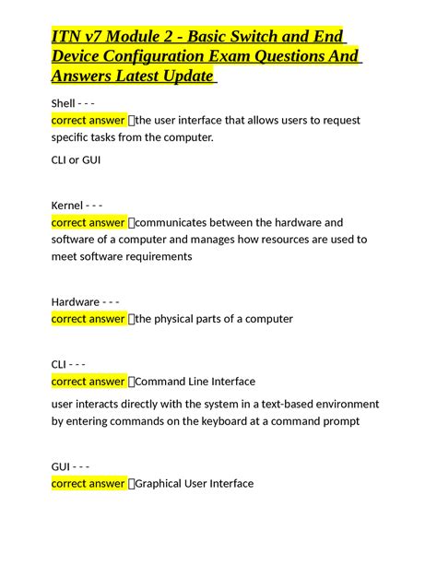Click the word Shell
coord(65,102)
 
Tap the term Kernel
coord(67,205)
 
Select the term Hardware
coord(76,301)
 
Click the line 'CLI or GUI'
coord(77,159)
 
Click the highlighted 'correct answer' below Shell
coord(89,120)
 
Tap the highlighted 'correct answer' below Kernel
coord(89,222)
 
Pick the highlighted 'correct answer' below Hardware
coord(89,319)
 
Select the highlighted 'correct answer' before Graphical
coord(89,483)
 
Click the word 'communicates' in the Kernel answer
coord(181,222)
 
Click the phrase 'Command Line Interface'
coord(195,382)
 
